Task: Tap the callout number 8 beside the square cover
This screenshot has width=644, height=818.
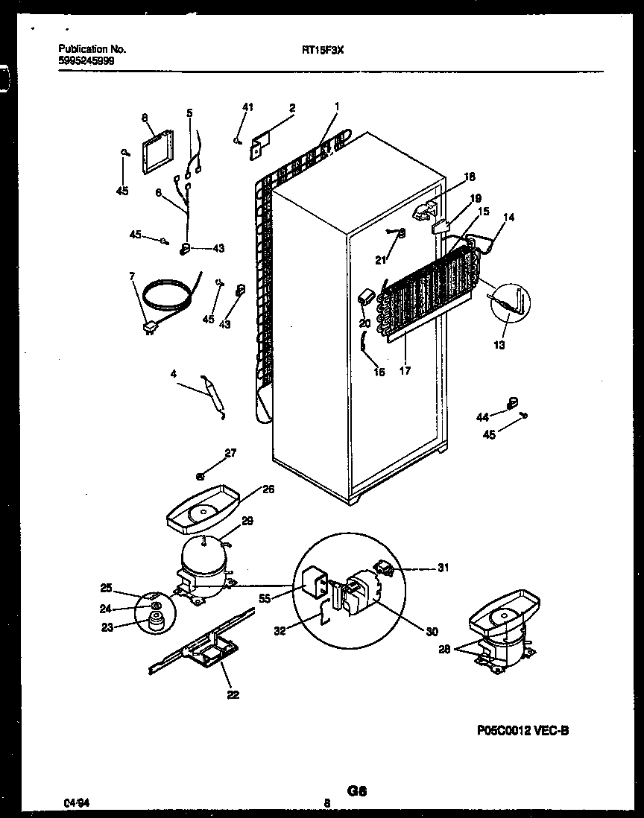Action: pos(144,117)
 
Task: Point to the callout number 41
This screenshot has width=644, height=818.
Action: pos(247,107)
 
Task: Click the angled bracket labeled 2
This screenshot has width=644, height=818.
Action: pos(260,143)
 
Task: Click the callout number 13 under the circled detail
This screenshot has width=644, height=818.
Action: pos(499,345)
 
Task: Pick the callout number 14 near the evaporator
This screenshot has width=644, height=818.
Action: pos(509,218)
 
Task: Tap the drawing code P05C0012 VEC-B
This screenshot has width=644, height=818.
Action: pos(525,732)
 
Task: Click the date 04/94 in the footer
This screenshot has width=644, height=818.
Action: pos(74,803)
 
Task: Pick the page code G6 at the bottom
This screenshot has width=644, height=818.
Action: pos(357,791)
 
